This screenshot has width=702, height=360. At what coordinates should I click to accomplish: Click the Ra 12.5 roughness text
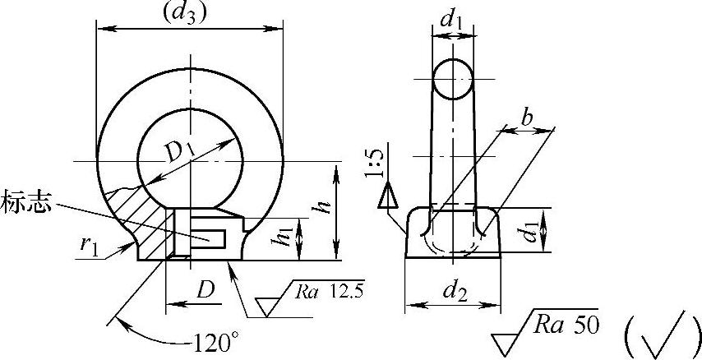[330, 291]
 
